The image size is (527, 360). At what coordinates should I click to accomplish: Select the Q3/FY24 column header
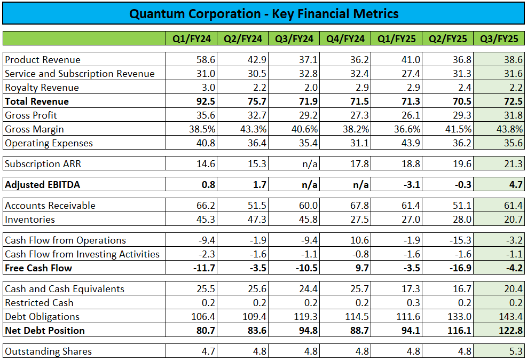[x=294, y=38]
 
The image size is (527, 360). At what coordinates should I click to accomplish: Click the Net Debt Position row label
[x=45, y=331]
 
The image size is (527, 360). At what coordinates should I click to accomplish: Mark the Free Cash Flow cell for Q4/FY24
[x=359, y=268]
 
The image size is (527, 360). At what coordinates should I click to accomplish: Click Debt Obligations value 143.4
[x=509, y=317]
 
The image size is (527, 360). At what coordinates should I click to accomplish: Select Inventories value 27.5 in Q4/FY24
[x=359, y=220]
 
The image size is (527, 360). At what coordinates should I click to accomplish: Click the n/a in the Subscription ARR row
[x=310, y=164]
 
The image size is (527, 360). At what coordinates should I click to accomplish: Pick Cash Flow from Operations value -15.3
[x=460, y=240]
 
